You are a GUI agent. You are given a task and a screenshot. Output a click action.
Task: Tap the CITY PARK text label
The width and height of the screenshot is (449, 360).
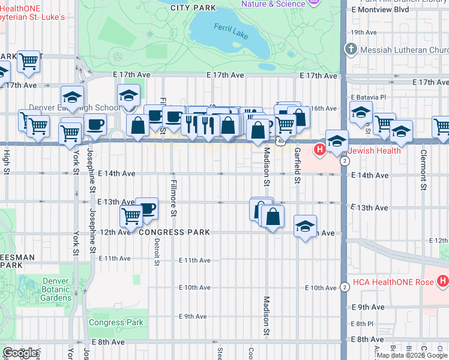pos(193,8)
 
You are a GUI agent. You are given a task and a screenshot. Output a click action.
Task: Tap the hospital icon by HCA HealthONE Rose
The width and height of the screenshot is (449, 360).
pos(443,280)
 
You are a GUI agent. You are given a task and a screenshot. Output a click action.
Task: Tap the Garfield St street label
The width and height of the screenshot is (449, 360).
pos(297,165)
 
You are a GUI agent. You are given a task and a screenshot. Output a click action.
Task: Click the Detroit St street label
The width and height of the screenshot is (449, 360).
pos(156,251)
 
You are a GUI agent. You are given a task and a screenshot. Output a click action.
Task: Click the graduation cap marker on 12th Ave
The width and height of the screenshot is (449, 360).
pos(306,226)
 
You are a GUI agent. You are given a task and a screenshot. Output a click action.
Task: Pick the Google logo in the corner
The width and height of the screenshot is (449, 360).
pos(20,353)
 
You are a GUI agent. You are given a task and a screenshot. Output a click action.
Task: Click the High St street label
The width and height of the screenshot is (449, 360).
pos(7,159)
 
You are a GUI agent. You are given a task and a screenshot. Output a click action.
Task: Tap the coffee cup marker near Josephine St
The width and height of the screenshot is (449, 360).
pos(95,124)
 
